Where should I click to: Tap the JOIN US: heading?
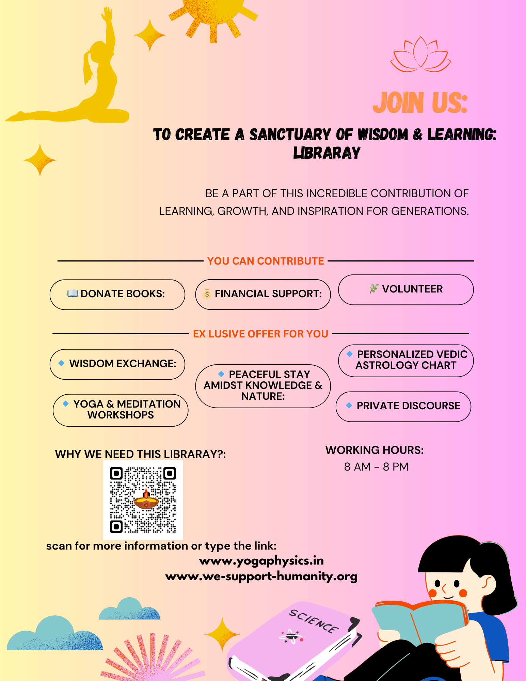click(420, 102)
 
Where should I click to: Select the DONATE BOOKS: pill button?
click(117, 294)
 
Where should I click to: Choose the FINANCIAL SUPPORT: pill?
click(263, 294)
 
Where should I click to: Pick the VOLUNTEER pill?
click(406, 289)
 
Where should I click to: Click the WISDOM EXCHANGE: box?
click(117, 364)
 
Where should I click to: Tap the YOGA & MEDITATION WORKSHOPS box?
click(121, 410)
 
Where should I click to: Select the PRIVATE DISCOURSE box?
click(403, 406)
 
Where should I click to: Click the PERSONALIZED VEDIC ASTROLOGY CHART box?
click(406, 360)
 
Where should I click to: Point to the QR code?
click(143, 500)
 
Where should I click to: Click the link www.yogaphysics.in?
click(261, 561)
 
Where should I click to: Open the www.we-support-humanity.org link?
click(261, 576)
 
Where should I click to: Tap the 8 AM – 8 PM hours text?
click(376, 467)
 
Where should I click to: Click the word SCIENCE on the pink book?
click(314, 621)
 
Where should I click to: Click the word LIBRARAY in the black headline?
click(327, 153)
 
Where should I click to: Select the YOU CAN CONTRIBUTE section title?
click(266, 261)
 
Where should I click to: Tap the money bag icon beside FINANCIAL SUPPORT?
click(207, 294)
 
